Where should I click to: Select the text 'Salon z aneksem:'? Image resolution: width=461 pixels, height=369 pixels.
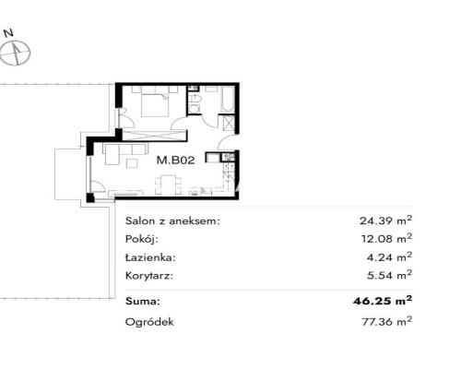[x=172, y=221]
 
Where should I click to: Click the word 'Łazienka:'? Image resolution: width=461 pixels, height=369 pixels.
[x=149, y=256]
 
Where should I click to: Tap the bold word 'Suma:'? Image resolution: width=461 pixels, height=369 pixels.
[x=142, y=301]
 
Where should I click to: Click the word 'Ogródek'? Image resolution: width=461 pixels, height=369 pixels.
[x=148, y=322]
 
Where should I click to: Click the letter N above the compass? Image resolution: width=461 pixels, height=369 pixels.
[x=11, y=32]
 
